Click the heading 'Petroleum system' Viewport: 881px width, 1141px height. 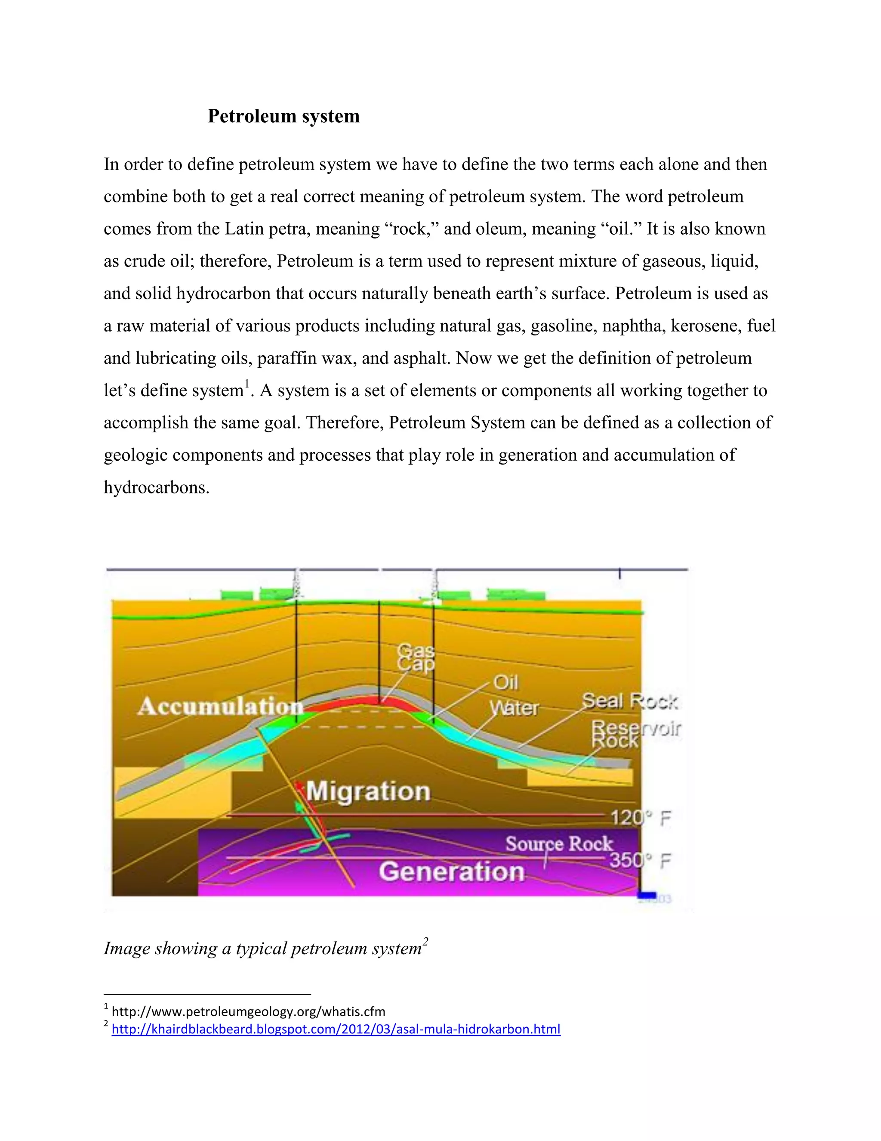(x=283, y=116)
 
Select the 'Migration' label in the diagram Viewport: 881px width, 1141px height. (x=368, y=791)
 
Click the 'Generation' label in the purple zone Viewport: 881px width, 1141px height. (x=451, y=871)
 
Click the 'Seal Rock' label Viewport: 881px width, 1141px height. (x=629, y=701)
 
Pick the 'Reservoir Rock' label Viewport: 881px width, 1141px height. (x=635, y=734)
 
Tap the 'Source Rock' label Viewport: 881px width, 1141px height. (x=558, y=844)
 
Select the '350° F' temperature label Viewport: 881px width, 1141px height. (x=640, y=860)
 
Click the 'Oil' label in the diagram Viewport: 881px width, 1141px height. (x=506, y=682)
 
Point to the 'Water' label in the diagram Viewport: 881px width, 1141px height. (x=514, y=708)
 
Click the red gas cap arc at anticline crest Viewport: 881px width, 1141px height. (x=365, y=700)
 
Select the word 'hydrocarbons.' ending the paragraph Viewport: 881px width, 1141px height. (x=157, y=487)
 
